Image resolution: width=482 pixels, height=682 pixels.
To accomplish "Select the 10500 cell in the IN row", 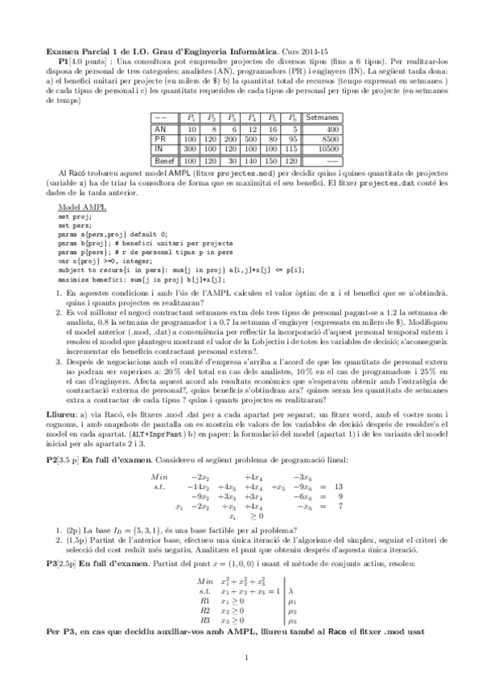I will pyautogui.click(x=322, y=149).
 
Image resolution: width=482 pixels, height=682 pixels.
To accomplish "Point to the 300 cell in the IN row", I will pyautogui.click(x=192, y=149).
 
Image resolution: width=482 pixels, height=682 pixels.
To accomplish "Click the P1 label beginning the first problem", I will pyautogui.click(x=65, y=61).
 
